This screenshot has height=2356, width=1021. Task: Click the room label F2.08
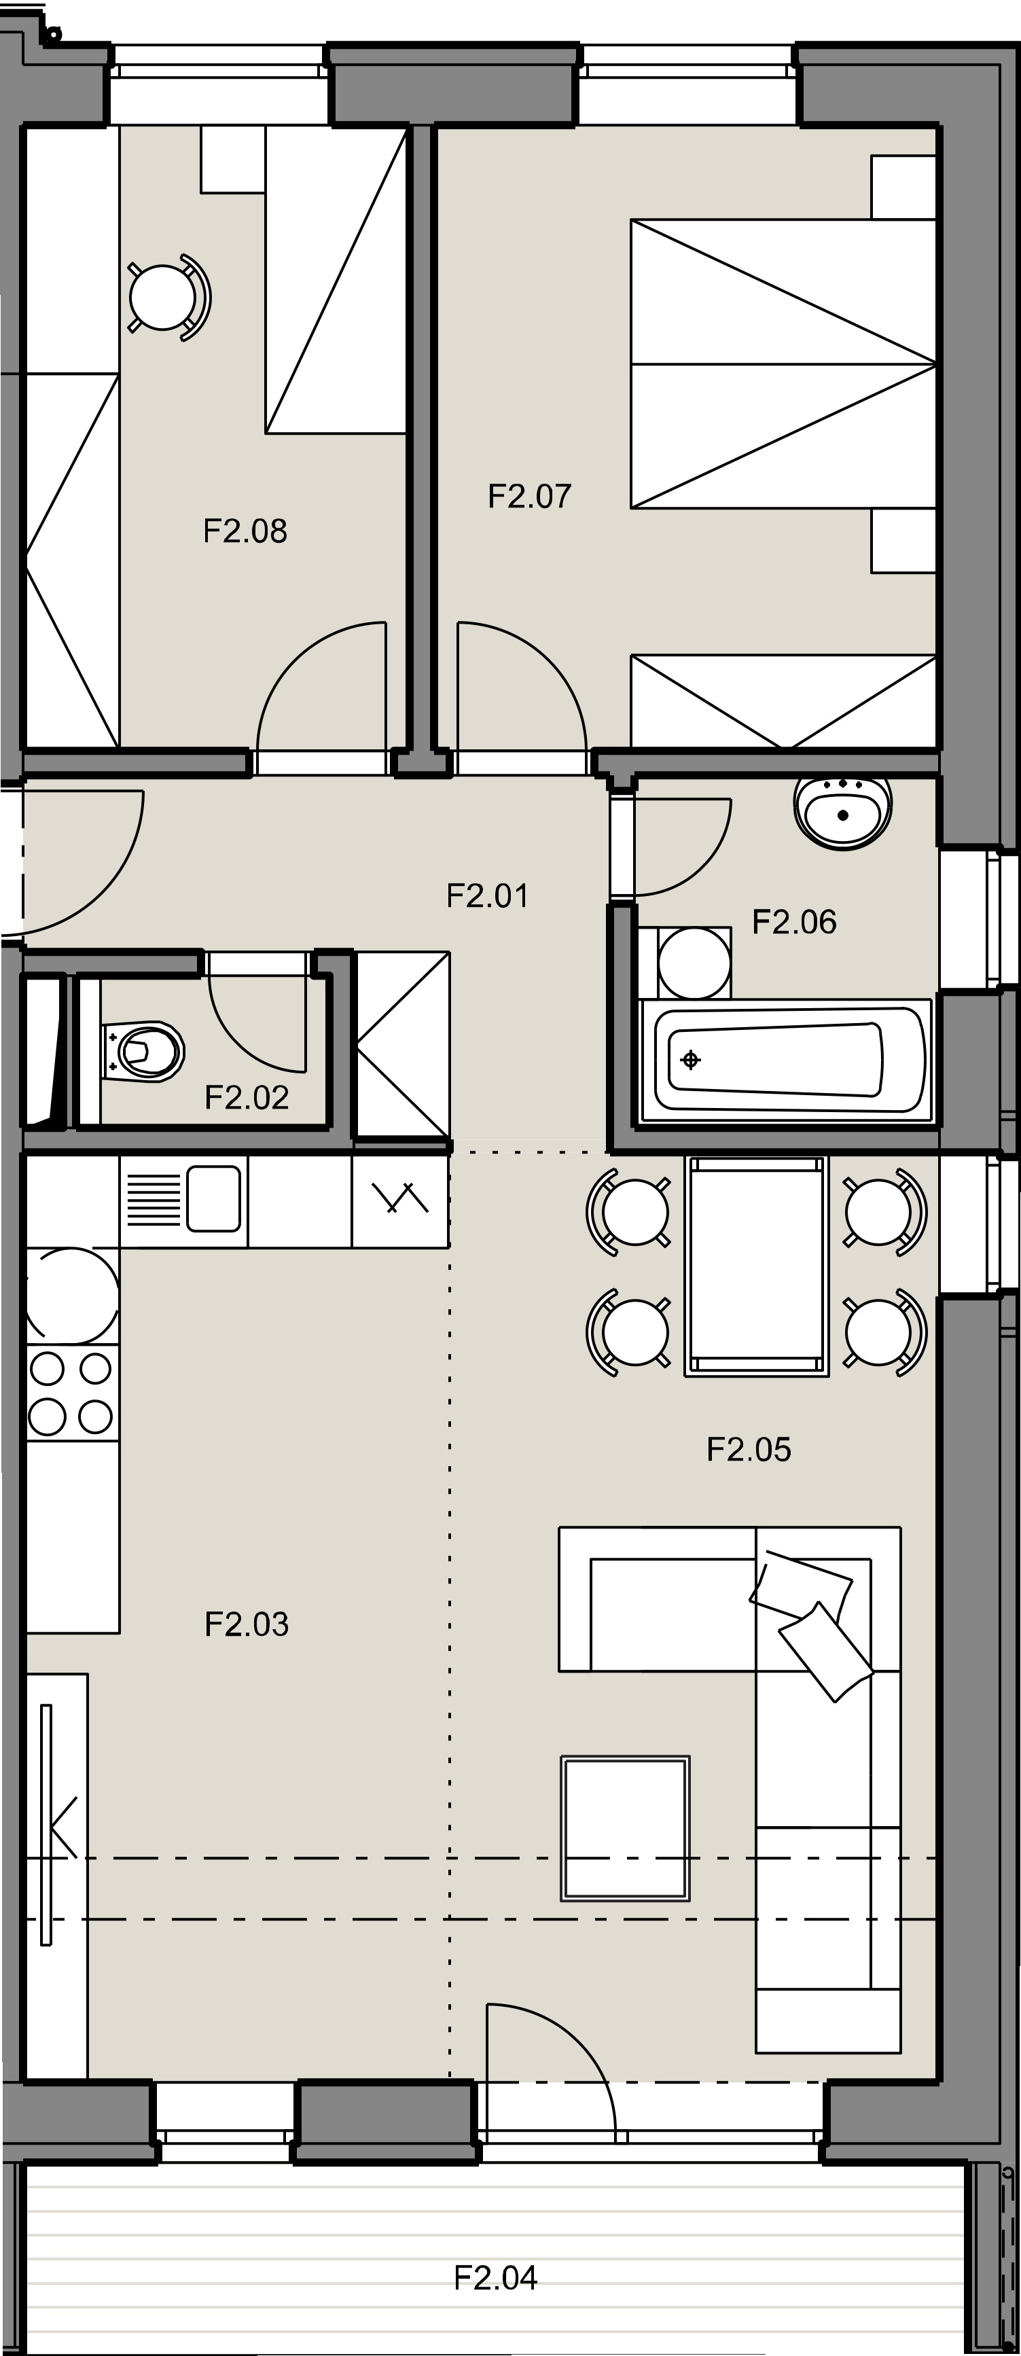click(245, 531)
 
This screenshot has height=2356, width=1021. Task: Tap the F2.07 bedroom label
click(530, 496)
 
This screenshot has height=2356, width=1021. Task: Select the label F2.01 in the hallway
click(488, 895)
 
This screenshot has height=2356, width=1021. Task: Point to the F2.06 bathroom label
click(794, 921)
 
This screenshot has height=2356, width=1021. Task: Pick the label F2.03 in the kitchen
click(247, 1624)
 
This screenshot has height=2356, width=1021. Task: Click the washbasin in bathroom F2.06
click(842, 811)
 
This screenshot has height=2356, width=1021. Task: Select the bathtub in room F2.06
click(786, 1060)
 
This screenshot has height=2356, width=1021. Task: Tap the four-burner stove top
click(72, 1392)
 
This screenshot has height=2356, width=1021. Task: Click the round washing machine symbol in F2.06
click(694, 962)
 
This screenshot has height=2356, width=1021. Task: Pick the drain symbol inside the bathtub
click(691, 1060)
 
